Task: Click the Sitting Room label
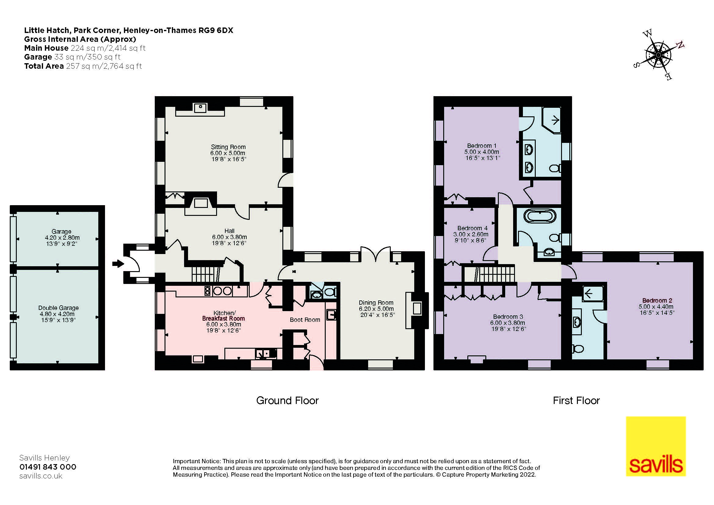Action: (228, 147)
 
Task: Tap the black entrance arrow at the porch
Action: (118, 264)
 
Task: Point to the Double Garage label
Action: (59, 308)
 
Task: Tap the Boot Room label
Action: (305, 320)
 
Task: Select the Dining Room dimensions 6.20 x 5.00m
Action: (376, 309)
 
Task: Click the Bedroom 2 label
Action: (657, 300)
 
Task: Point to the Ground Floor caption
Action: (287, 401)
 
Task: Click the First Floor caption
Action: (576, 401)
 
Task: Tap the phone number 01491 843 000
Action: (48, 467)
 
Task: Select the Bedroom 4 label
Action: (472, 228)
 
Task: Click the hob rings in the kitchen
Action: (222, 291)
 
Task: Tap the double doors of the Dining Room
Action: (375, 253)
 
